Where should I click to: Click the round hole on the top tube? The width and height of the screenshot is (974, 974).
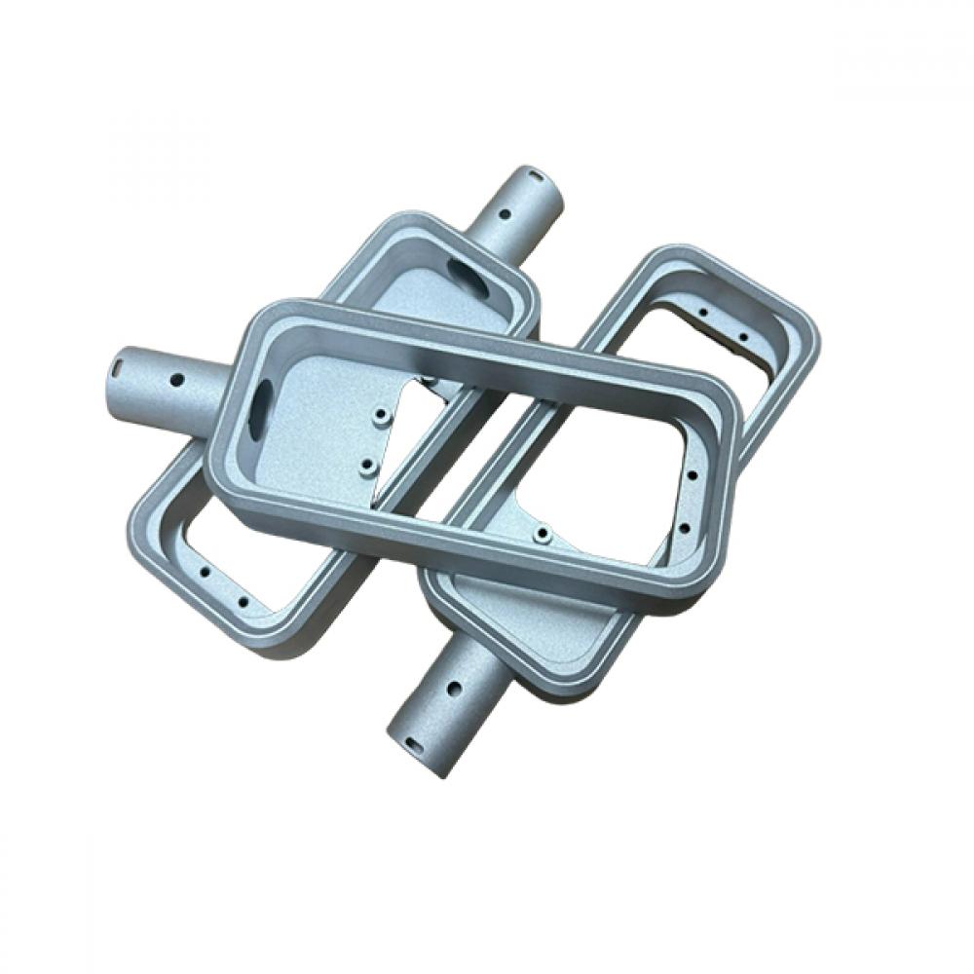(x=505, y=213)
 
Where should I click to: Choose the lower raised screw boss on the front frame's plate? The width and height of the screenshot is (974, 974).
(x=366, y=467)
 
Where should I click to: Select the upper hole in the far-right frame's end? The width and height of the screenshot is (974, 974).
(x=702, y=313)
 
